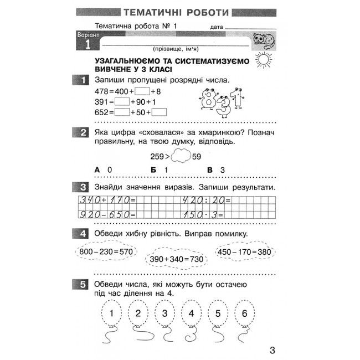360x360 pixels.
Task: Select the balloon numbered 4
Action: (x=191, y=314)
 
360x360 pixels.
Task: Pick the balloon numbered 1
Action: (x=112, y=314)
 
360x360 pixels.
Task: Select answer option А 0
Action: (x=103, y=169)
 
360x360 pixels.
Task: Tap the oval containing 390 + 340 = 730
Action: (x=176, y=259)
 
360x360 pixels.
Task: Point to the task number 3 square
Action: (x=82, y=187)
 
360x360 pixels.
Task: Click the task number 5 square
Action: (x=82, y=284)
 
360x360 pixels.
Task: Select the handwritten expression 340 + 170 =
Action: (x=108, y=200)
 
